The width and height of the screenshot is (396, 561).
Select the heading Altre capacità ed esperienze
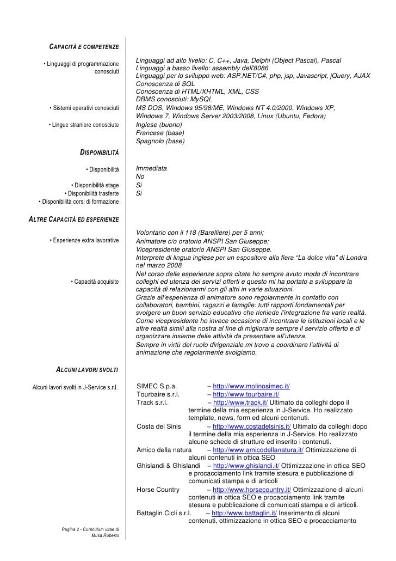73,220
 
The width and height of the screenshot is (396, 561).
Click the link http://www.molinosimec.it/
251,386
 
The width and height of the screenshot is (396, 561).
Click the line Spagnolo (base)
160,141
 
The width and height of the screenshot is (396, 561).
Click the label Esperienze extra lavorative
84,241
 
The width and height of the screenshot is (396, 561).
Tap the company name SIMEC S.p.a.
157,386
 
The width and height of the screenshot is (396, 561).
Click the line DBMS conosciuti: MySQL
174,99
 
